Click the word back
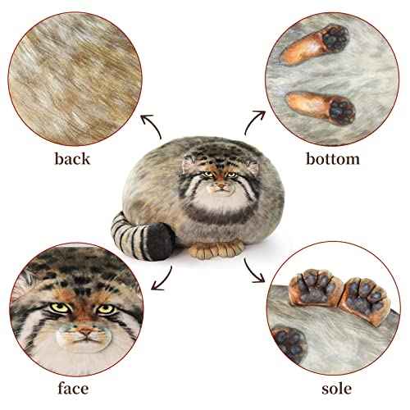point(71,158)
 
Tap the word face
point(71,388)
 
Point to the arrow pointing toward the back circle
point(152,127)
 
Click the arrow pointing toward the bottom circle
point(255,124)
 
